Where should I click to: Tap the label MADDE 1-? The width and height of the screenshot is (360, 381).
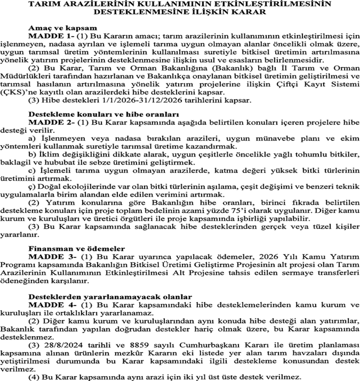[x=48, y=35]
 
